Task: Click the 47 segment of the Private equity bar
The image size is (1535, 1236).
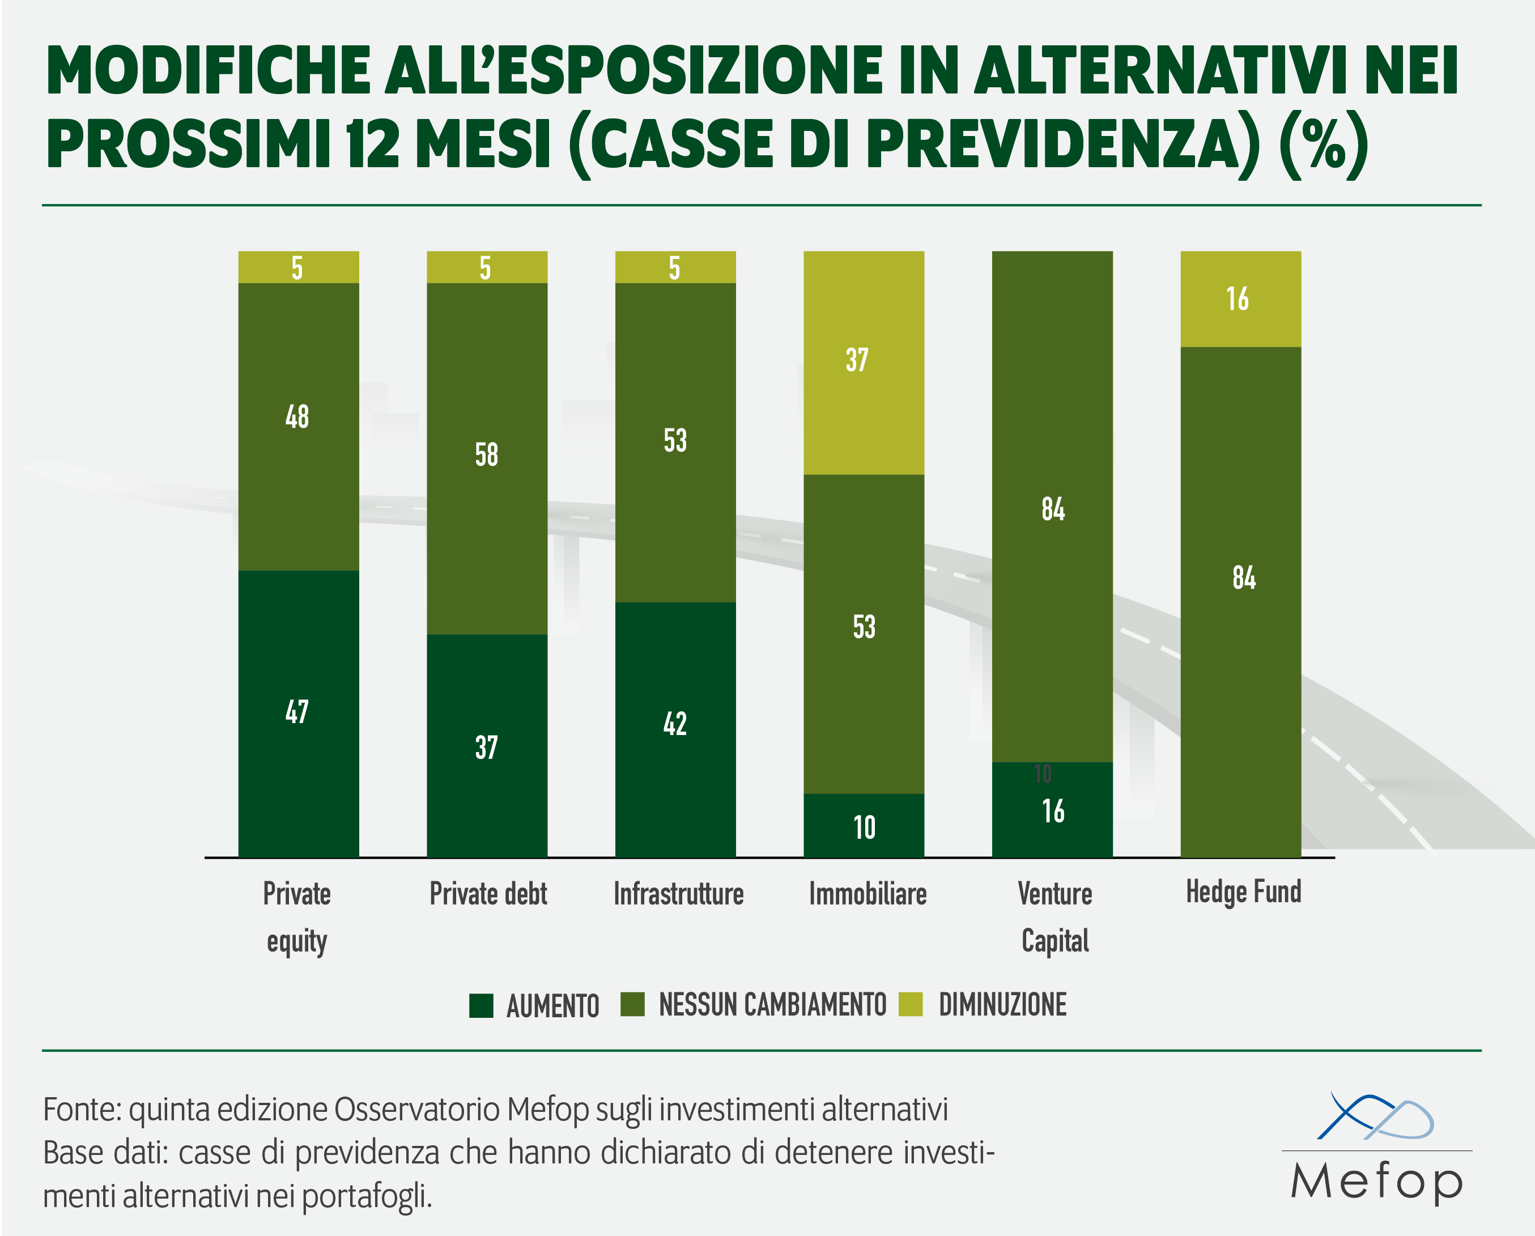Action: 298,713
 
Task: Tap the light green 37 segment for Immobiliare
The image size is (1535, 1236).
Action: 864,362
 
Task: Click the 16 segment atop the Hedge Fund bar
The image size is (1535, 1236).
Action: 1240,299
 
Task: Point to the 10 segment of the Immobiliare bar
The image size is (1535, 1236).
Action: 864,826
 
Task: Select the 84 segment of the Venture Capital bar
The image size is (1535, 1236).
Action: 1052,509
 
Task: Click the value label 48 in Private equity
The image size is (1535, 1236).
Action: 297,417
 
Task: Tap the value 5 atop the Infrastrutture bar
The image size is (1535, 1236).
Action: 674,267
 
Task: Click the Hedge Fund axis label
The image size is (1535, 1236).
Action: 1243,892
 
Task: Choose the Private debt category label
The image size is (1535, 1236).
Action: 488,894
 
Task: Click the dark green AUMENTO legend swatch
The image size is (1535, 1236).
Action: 481,1005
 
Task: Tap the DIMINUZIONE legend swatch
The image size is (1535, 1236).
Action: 911,1004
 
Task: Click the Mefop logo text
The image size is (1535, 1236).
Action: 1376,1183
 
